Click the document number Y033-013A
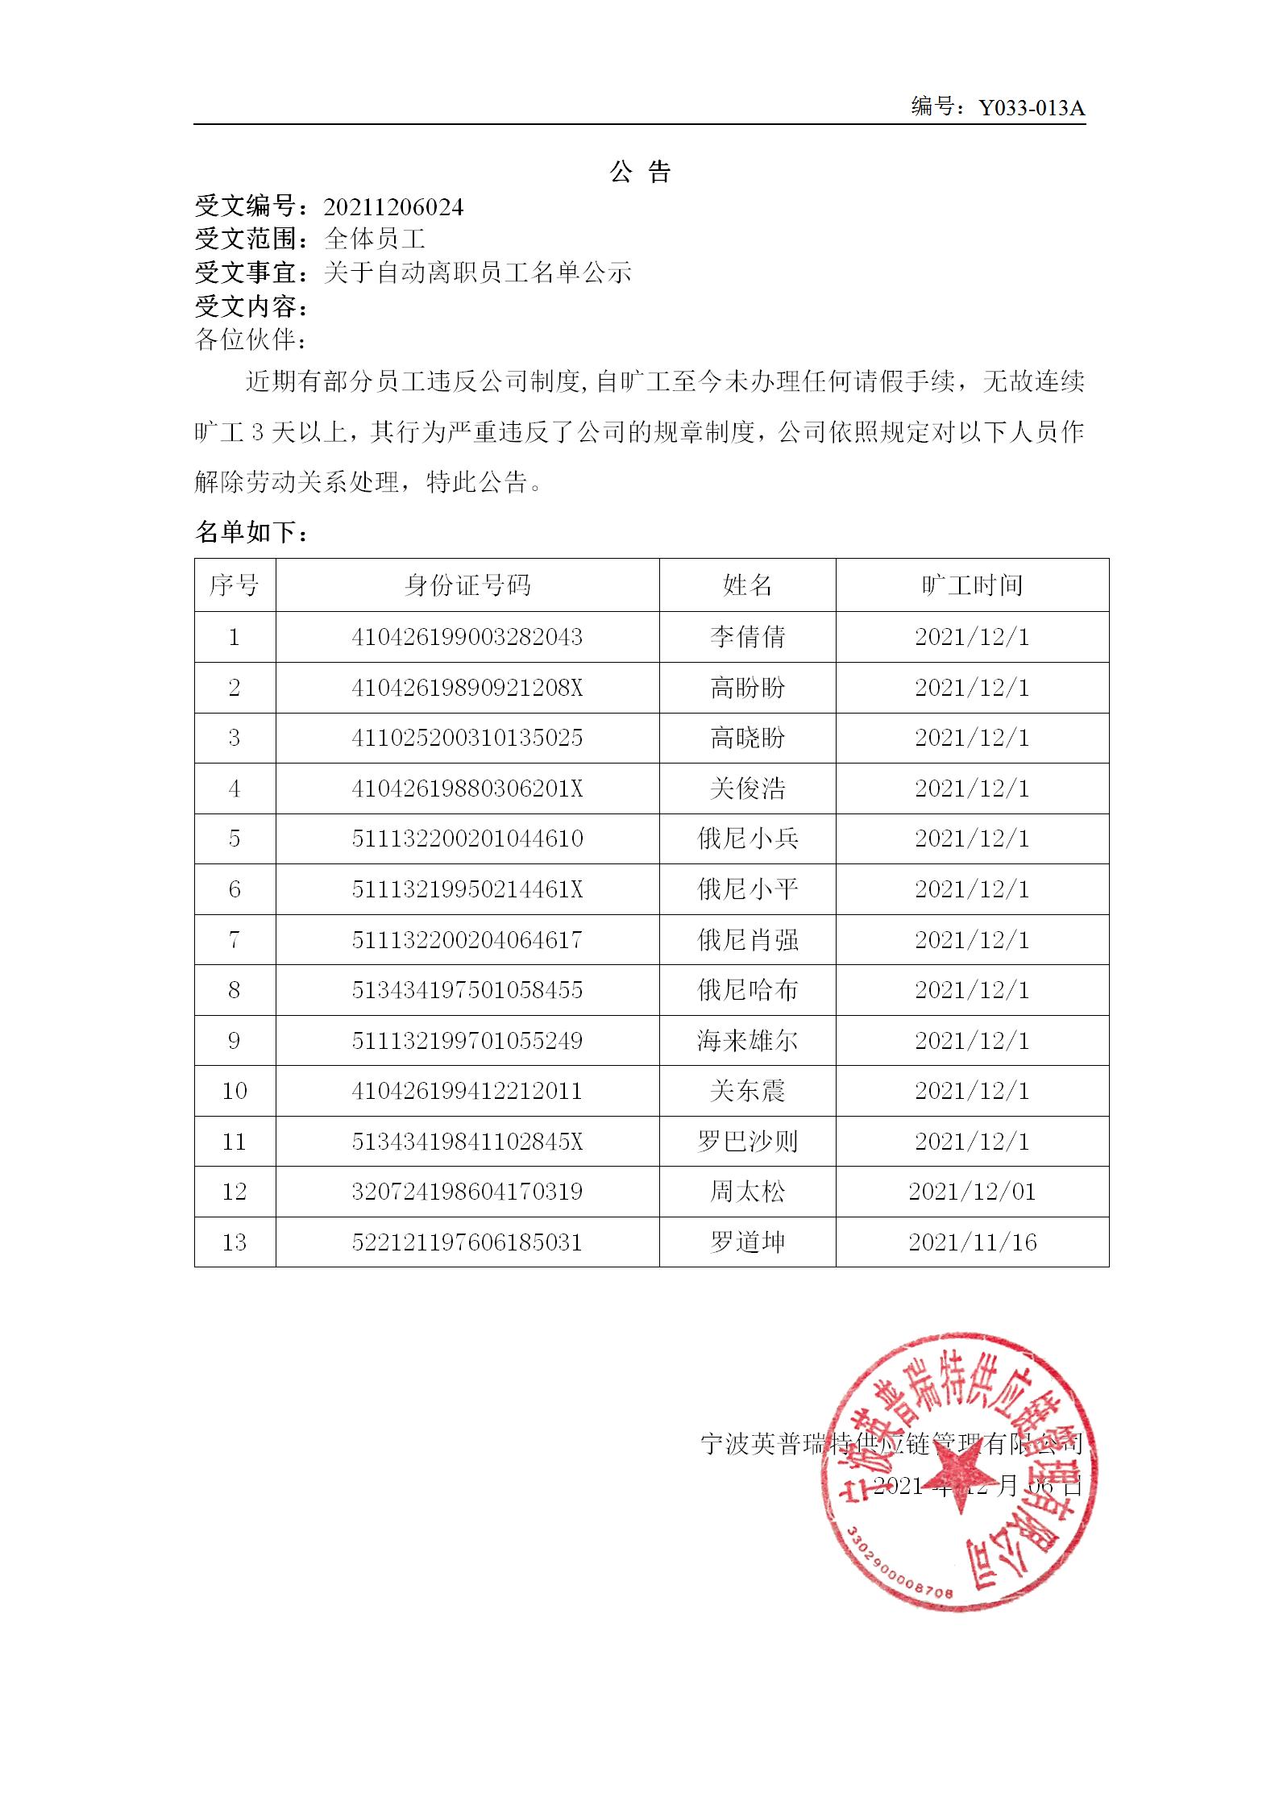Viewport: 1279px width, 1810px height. pyautogui.click(x=1032, y=108)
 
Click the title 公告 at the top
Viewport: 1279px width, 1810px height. pyautogui.click(x=640, y=172)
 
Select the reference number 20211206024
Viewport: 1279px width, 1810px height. pyautogui.click(x=393, y=208)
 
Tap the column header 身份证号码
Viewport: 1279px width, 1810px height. pyautogui.click(x=467, y=585)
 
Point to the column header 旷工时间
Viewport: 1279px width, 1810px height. pyautogui.click(x=972, y=585)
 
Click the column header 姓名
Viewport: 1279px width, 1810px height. pyautogui.click(x=747, y=585)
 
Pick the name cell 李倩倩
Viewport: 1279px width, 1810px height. pyautogui.click(x=747, y=637)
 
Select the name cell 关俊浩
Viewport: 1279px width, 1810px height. pyautogui.click(x=747, y=788)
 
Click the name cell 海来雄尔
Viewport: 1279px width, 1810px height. pyautogui.click(x=747, y=1041)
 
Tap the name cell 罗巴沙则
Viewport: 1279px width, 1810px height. pyautogui.click(x=747, y=1142)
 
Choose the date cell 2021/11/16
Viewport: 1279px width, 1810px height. pyautogui.click(x=972, y=1242)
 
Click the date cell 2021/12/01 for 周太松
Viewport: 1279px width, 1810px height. pyautogui.click(x=972, y=1192)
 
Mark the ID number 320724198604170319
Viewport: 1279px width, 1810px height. pyautogui.click(x=467, y=1192)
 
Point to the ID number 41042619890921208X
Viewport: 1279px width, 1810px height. pyautogui.click(x=467, y=688)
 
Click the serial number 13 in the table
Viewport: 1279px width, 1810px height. pyautogui.click(x=235, y=1242)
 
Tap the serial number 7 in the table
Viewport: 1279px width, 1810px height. pyautogui.click(x=235, y=940)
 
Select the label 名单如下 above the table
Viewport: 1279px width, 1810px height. pyautogui.click(x=251, y=532)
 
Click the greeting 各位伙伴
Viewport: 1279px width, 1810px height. pyautogui.click(x=251, y=339)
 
